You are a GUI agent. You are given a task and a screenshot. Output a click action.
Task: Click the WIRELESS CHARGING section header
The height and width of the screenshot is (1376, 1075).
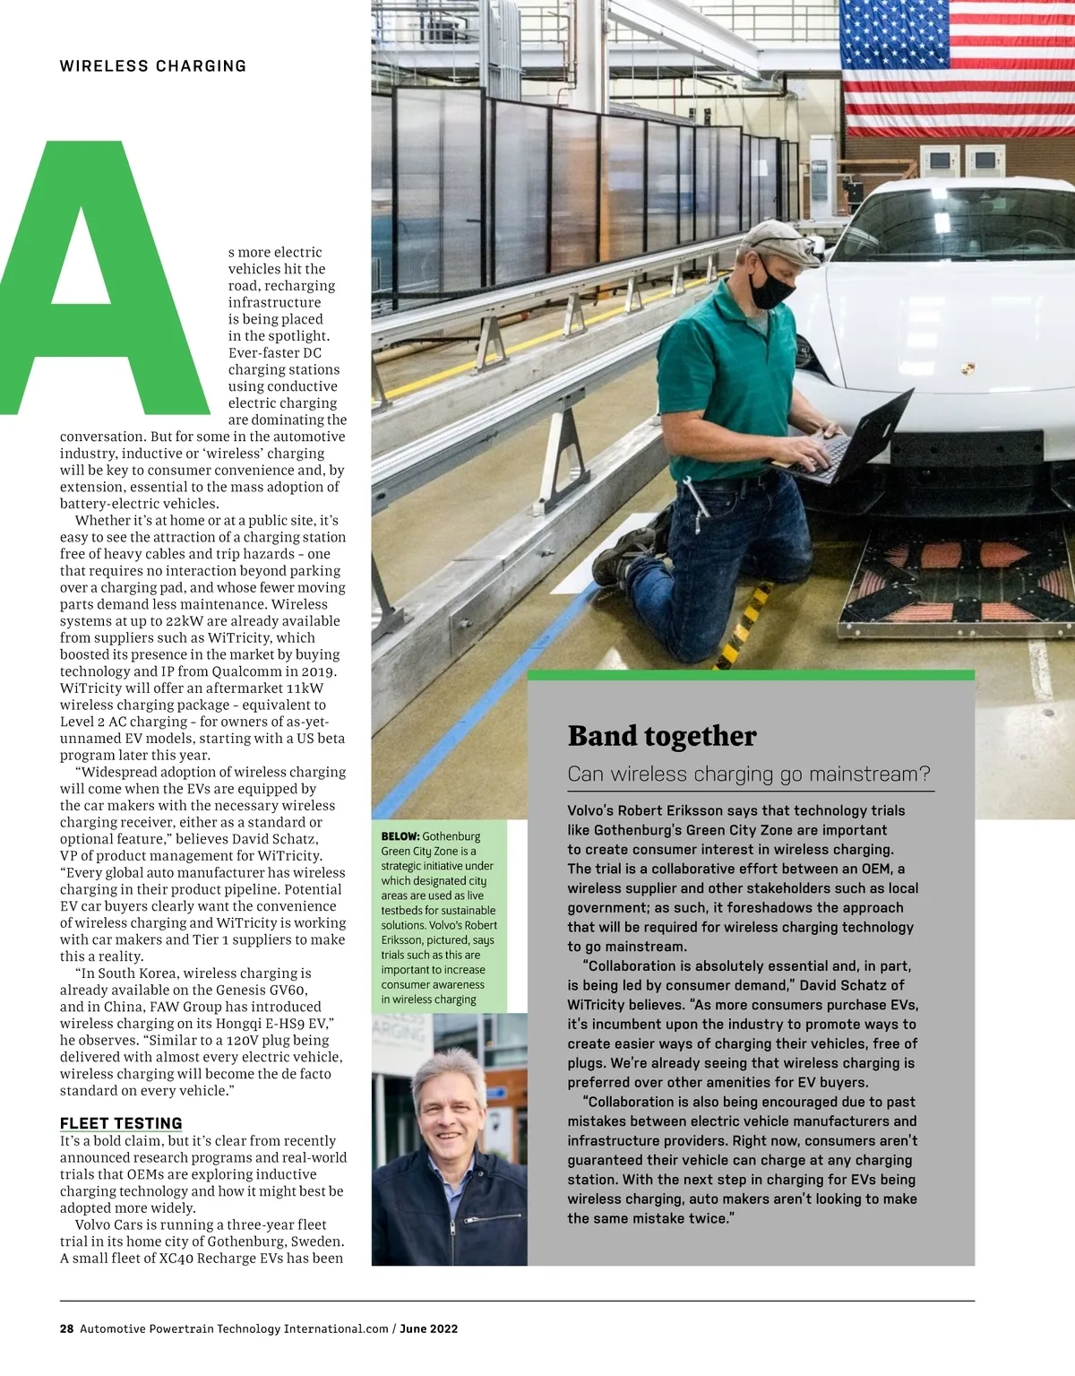click(152, 66)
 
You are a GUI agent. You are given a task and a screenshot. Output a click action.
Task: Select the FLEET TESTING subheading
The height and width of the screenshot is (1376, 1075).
click(121, 1123)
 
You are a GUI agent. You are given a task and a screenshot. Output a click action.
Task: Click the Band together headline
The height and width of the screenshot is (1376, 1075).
click(662, 736)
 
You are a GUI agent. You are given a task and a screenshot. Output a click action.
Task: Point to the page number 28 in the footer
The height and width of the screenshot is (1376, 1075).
click(66, 1328)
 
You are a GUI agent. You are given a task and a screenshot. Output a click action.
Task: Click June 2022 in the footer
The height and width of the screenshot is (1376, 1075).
click(428, 1328)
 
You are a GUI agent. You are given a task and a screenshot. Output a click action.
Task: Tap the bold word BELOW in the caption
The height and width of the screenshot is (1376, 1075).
click(400, 836)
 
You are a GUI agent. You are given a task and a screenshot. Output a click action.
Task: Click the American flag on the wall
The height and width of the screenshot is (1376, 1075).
click(957, 67)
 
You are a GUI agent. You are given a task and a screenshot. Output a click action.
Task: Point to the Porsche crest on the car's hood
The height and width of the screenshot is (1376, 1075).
click(967, 368)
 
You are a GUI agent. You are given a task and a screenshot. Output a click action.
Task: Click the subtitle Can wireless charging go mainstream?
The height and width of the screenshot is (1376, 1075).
click(749, 774)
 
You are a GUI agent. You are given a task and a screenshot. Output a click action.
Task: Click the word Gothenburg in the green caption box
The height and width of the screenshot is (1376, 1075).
click(451, 836)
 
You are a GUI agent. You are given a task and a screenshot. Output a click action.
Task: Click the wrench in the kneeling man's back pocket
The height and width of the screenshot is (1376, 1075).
click(694, 498)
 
